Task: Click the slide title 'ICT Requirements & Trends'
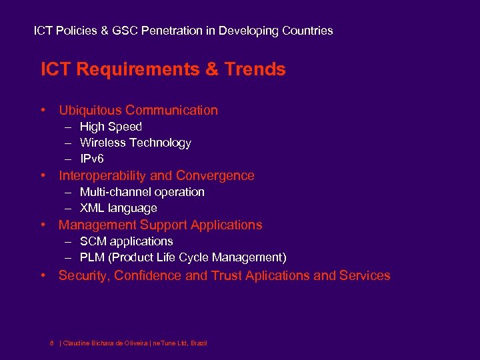click(x=163, y=69)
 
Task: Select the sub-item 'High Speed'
click(x=111, y=127)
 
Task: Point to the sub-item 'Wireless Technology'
click(x=135, y=143)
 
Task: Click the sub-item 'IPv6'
click(x=92, y=159)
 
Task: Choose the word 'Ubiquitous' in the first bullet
click(x=90, y=111)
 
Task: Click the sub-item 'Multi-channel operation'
click(x=142, y=192)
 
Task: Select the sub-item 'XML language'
click(x=118, y=209)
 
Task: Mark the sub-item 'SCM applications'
click(x=126, y=241)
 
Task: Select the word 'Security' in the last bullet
click(x=83, y=275)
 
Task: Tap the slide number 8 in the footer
click(x=52, y=343)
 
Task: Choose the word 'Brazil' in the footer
click(x=199, y=343)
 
